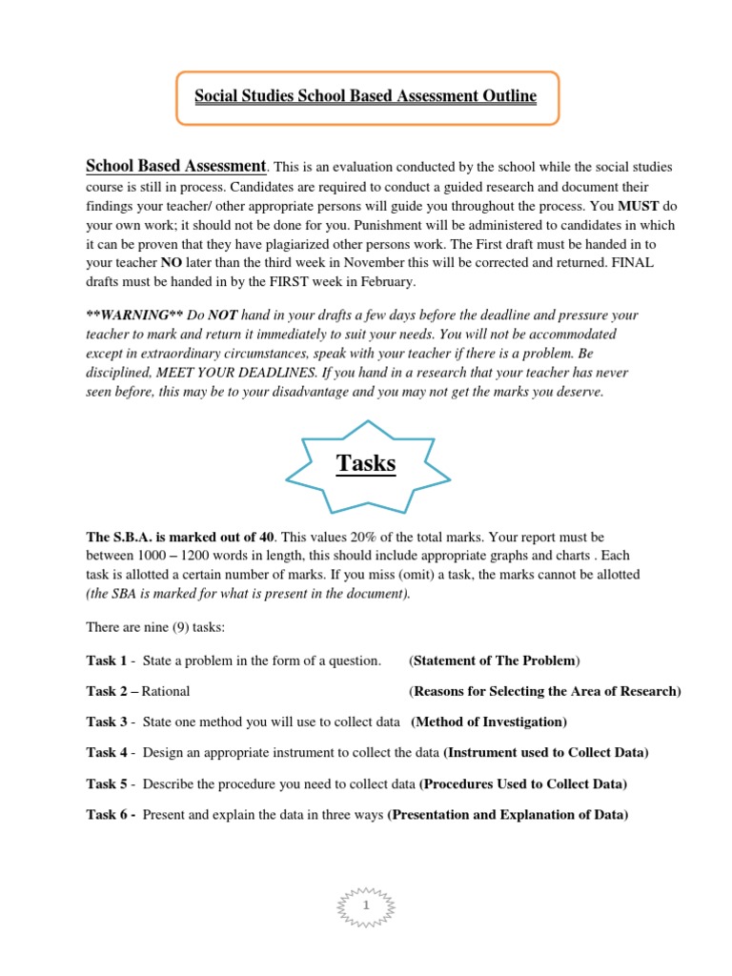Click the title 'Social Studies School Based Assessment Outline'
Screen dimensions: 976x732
tap(366, 96)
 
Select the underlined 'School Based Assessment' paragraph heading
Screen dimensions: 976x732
tap(176, 165)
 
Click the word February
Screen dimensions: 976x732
tap(383, 283)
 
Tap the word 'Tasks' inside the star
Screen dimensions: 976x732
tap(366, 463)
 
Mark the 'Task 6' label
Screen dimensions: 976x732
tap(107, 816)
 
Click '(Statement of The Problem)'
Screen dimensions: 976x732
tap(494, 661)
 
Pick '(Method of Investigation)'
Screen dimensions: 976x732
tap(489, 722)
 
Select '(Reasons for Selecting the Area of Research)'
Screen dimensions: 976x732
tap(544, 691)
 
